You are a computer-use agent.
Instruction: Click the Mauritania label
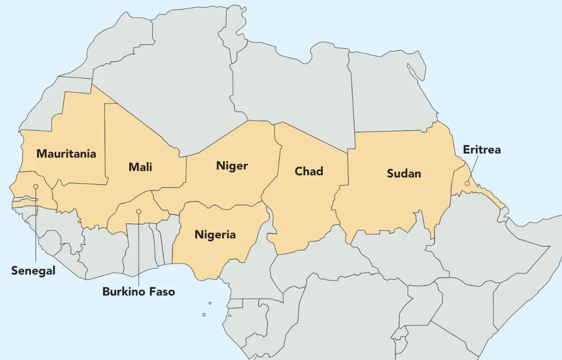pyautogui.click(x=66, y=154)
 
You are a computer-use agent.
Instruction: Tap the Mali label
pyautogui.click(x=140, y=167)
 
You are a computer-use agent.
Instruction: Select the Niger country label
pyautogui.click(x=232, y=166)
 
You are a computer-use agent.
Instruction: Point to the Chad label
pyautogui.click(x=309, y=171)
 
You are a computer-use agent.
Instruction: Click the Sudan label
pyautogui.click(x=404, y=174)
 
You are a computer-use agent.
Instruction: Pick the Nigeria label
pyautogui.click(x=215, y=235)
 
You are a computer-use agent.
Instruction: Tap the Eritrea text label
pyautogui.click(x=481, y=150)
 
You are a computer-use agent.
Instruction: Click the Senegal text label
pyautogui.click(x=33, y=271)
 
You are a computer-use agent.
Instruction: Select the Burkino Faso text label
pyautogui.click(x=139, y=292)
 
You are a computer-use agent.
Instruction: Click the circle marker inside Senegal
pyautogui.click(x=36, y=187)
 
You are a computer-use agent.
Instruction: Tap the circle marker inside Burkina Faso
pyautogui.click(x=139, y=212)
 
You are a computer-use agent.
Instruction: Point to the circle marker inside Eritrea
pyautogui.click(x=467, y=184)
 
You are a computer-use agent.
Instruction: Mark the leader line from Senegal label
pyautogui.click(x=36, y=225)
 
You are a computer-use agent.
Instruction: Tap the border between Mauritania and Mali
pyautogui.click(x=105, y=140)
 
